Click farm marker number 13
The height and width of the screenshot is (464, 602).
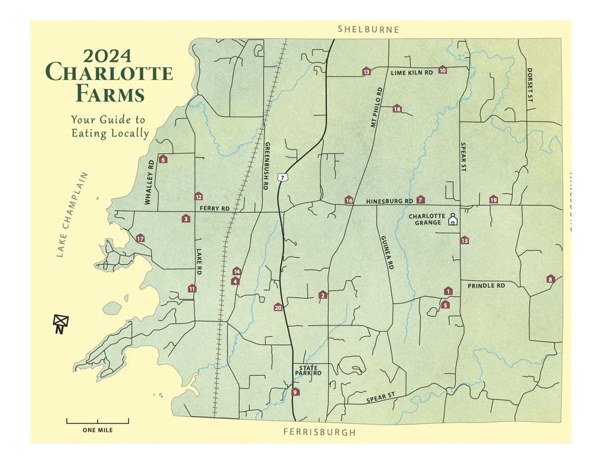pyautogui.click(x=366, y=72)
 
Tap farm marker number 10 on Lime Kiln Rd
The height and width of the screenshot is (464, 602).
pyautogui.click(x=442, y=70)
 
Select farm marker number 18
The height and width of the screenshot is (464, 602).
pyautogui.click(x=397, y=109)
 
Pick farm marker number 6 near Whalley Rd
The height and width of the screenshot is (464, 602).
pyautogui.click(x=163, y=159)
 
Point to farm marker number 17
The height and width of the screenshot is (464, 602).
pyautogui.click(x=140, y=239)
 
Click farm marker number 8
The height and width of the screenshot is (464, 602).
pyautogui.click(x=550, y=279)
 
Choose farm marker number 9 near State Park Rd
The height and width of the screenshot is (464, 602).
pyautogui.click(x=295, y=392)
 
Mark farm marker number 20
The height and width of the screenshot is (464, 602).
pyautogui.click(x=278, y=307)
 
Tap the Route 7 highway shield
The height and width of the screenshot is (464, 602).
pyautogui.click(x=282, y=177)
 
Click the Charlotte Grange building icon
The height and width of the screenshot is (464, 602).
pyautogui.click(x=453, y=221)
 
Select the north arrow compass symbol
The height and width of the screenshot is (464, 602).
pyautogui.click(x=60, y=323)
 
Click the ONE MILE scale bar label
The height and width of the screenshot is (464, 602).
pyautogui.click(x=98, y=430)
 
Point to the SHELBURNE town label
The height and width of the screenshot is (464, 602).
pyautogui.click(x=368, y=29)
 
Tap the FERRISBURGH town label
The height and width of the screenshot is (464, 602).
pyautogui.click(x=319, y=432)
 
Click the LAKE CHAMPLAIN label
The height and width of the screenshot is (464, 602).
pyautogui.click(x=72, y=215)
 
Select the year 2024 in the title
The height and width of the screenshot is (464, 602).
pyautogui.click(x=108, y=56)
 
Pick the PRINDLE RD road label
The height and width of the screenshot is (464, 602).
pyautogui.click(x=486, y=286)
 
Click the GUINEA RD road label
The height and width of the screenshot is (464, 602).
pyautogui.click(x=386, y=252)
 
